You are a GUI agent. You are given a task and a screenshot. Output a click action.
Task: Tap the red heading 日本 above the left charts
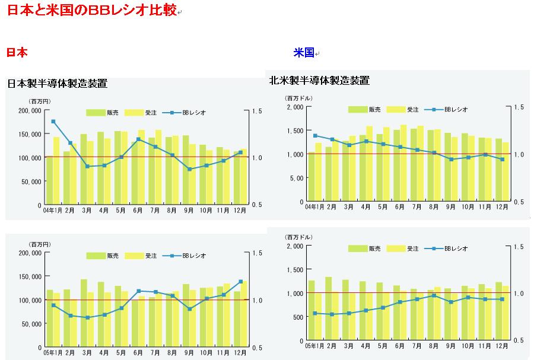(17, 53)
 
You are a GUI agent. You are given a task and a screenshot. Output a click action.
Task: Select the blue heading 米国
(303, 53)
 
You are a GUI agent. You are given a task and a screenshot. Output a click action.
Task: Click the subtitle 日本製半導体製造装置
(57, 84)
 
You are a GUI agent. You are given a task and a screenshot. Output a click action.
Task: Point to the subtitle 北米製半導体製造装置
(319, 80)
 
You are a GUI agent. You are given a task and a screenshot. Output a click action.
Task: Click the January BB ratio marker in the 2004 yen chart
(53, 122)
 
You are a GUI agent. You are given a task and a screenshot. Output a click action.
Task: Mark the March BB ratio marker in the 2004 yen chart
(87, 166)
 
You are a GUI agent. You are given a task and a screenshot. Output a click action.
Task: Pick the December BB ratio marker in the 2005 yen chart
(240, 281)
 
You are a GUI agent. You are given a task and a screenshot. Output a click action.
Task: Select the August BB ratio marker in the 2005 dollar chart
(434, 295)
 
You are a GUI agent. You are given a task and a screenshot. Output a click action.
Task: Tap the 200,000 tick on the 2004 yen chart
(30, 111)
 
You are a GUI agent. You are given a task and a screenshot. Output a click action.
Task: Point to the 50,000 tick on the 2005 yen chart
(31, 324)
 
